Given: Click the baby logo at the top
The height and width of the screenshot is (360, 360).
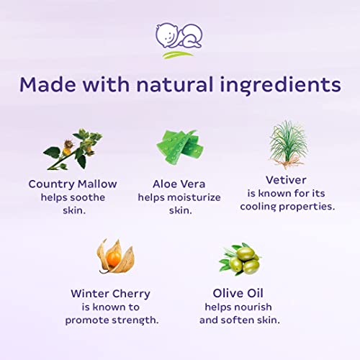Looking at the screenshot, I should click(x=179, y=40).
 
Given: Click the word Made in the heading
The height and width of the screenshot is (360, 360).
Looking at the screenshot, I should click(x=49, y=84).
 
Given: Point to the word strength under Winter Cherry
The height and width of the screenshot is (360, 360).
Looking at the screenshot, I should click(x=136, y=320).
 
